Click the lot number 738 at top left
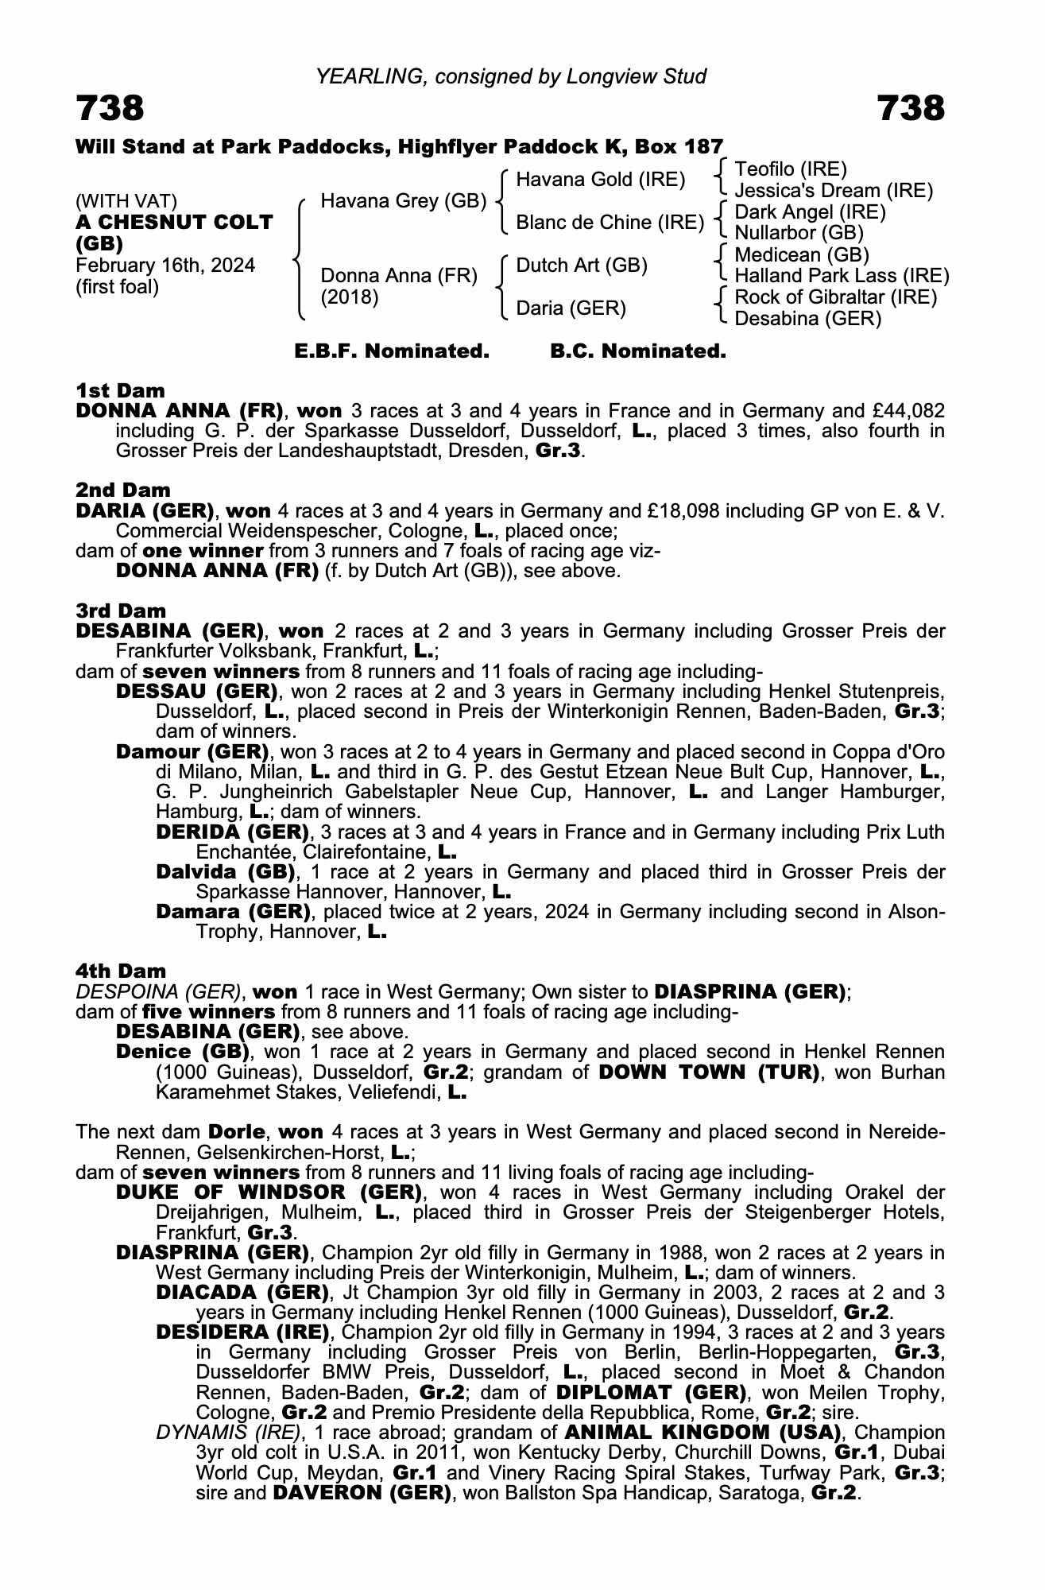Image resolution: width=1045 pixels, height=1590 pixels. tap(110, 108)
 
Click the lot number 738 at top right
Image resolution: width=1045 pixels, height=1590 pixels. tap(911, 108)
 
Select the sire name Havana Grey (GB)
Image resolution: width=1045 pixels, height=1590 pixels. tap(403, 201)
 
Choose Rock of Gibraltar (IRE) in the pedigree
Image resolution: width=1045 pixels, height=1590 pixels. tap(835, 297)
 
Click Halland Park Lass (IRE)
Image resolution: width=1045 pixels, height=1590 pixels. tap(842, 276)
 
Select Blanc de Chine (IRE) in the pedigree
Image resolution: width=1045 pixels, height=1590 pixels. tap(610, 223)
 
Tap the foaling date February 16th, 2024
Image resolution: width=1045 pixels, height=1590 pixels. tap(165, 266)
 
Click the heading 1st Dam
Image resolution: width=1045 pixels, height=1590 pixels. tap(120, 390)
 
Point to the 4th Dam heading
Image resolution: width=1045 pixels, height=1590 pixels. tap(121, 971)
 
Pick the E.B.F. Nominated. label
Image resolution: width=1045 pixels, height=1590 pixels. tap(392, 351)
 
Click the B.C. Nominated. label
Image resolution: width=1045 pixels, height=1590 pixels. tap(638, 351)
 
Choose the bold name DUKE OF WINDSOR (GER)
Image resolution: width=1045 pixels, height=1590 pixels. tap(269, 1192)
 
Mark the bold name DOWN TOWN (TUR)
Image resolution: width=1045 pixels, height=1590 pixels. tap(709, 1072)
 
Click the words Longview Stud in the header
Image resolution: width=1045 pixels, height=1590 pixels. tap(636, 76)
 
